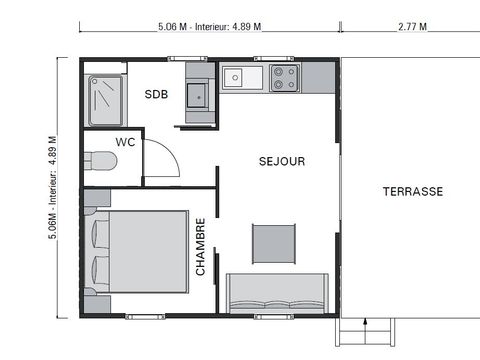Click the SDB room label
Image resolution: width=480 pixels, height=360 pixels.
pyautogui.click(x=156, y=95)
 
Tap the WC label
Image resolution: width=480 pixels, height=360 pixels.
pyautogui.click(x=126, y=142)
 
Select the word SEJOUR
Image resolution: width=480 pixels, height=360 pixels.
pyautogui.click(x=281, y=161)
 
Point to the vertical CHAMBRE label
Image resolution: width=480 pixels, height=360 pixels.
pyautogui.click(x=201, y=247)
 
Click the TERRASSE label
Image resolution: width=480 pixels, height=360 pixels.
pyautogui.click(x=412, y=191)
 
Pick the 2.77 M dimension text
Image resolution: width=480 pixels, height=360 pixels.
pyautogui.click(x=411, y=27)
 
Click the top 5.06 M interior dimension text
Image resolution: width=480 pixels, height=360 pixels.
pyautogui.click(x=210, y=27)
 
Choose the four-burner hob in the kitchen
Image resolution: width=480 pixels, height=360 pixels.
pyautogui.click(x=284, y=76)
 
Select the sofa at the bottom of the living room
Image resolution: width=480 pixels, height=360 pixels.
pyautogui.click(x=278, y=293)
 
